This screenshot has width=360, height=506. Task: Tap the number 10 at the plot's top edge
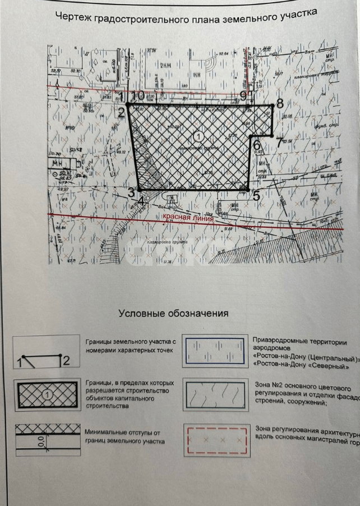coord(139,95)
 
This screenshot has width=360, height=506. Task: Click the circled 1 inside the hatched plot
coord(197,135)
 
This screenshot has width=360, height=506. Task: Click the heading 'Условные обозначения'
coord(173,314)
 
